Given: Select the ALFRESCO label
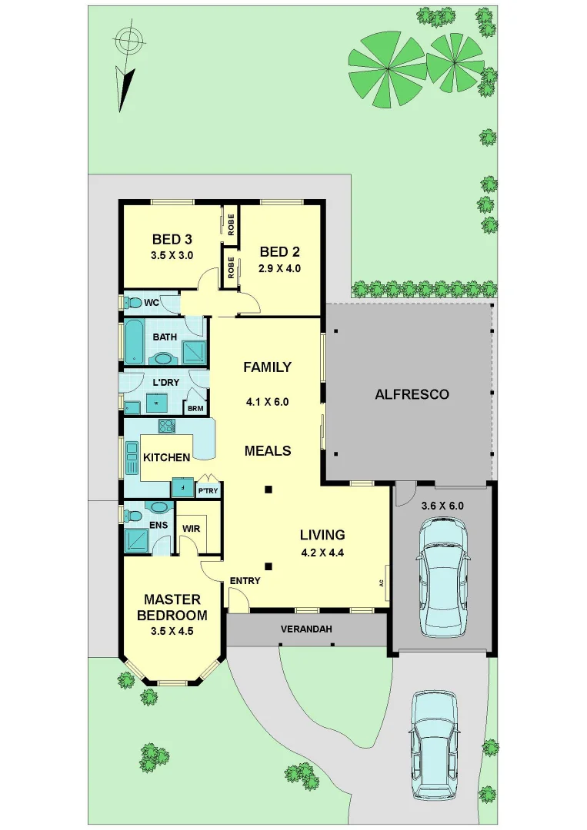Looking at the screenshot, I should click(412, 394).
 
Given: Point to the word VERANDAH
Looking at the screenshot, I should click(306, 629).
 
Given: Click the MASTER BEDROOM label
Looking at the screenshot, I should click(172, 607).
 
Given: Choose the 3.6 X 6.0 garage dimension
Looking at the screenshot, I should click(442, 506).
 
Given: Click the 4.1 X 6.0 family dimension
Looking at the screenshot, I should click(267, 400).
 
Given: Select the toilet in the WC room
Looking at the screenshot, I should click(133, 302).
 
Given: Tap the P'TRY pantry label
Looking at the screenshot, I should click(207, 490).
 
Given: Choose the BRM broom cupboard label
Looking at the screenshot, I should click(195, 408).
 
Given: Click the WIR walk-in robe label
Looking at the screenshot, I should click(190, 528).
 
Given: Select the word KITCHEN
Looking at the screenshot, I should click(166, 457).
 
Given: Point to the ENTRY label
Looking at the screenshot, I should click(245, 580).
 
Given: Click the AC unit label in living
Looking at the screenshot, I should click(382, 583).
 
